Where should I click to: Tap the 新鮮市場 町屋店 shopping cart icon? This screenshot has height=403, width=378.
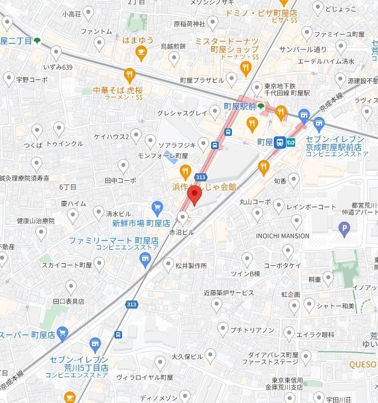(157, 208)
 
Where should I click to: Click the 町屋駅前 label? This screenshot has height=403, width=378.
(239, 107)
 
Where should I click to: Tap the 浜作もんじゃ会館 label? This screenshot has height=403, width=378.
(204, 187)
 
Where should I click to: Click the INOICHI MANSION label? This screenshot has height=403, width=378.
(283, 235)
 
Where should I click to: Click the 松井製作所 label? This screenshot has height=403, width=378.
(192, 265)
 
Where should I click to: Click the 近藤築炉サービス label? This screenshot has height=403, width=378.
(229, 293)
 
